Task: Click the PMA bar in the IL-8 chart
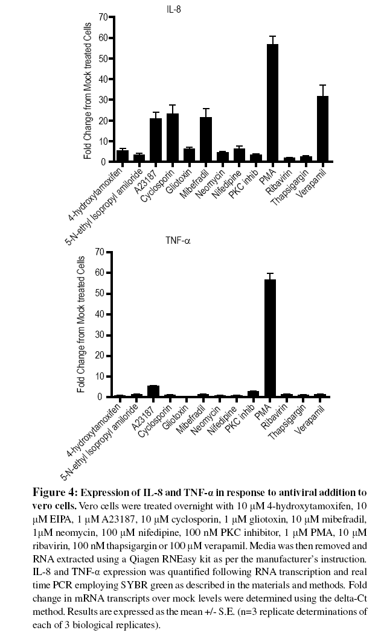[x=272, y=103]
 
